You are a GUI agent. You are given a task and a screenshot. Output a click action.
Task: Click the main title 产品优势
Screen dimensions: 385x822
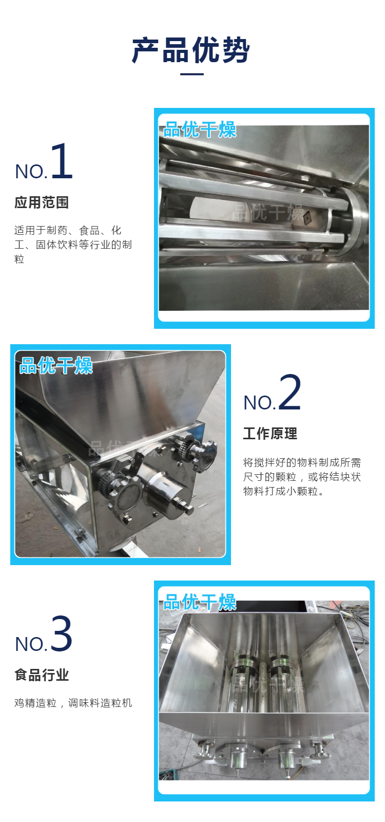tap(191, 50)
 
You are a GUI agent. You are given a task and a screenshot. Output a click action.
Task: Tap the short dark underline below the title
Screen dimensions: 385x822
tap(192, 74)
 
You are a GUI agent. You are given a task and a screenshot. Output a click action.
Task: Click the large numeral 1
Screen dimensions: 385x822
tap(62, 161)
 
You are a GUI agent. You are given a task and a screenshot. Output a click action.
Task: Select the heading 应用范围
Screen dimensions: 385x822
tap(42, 202)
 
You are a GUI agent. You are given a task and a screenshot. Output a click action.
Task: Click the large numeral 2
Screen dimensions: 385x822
tap(290, 393)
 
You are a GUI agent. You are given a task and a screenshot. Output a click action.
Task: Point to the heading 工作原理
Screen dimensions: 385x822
tap(270, 434)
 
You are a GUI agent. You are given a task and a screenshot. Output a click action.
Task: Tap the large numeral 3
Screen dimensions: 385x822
tap(61, 634)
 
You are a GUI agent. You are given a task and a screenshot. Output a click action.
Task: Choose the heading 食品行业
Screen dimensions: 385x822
tap(42, 675)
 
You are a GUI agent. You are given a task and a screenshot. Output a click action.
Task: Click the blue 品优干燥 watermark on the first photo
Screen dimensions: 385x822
tap(200, 130)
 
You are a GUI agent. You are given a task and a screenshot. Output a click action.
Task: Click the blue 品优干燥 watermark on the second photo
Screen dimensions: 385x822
tap(56, 366)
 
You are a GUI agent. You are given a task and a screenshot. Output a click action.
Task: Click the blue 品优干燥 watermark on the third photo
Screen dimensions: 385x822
tap(200, 602)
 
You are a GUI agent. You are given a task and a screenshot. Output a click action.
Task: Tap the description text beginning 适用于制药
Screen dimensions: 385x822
tap(73, 245)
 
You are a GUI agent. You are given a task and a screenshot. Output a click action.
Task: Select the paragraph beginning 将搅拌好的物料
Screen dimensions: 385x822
tap(302, 477)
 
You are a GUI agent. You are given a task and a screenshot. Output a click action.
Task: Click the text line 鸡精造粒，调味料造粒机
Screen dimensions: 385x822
tap(73, 703)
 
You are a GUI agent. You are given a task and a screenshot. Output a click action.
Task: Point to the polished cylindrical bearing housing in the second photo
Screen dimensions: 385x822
tap(166, 490)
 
